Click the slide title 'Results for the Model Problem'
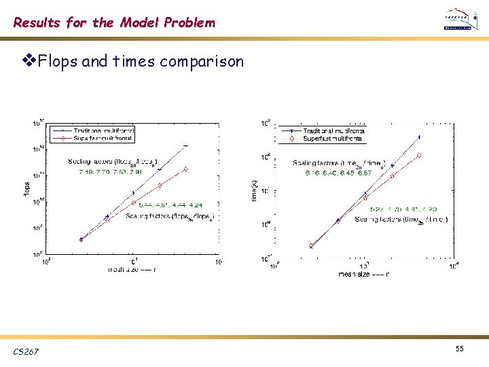114,22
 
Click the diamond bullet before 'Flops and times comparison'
28,62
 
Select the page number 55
460,348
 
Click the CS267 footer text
26,351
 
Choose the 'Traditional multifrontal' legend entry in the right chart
333,130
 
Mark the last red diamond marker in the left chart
185,169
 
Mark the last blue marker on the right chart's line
419,137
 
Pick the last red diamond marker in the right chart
419,156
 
